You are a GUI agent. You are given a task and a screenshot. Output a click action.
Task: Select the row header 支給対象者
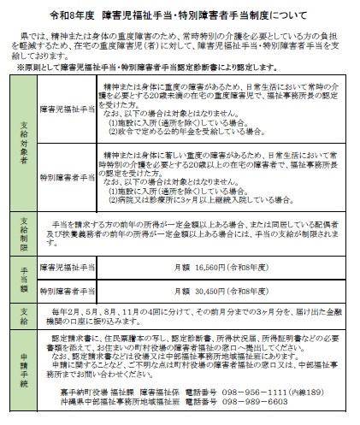point(23,136)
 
